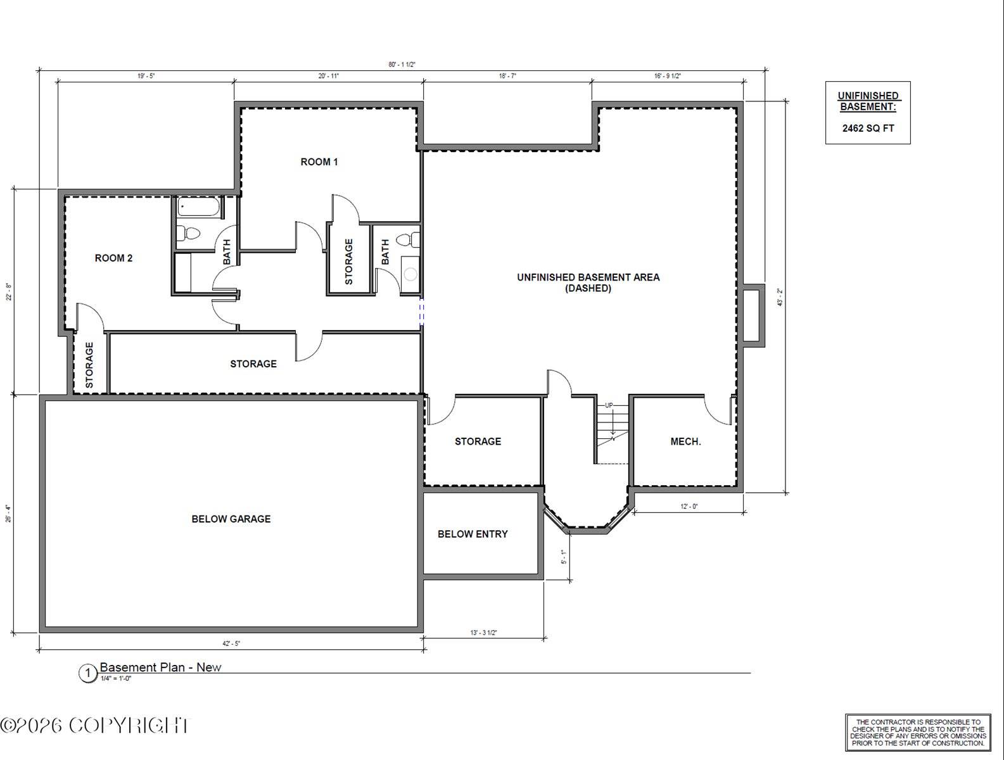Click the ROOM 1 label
319,162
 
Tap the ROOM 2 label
113,258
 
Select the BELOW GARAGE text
231,519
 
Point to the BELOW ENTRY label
473,535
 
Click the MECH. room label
685,442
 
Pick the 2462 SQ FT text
868,129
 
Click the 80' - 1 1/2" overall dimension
402,65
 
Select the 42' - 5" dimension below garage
231,643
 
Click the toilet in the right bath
409,241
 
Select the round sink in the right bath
410,274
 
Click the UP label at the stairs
609,405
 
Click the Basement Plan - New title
160,668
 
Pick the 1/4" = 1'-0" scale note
115,679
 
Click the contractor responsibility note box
918,733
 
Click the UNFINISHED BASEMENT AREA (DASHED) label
588,283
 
